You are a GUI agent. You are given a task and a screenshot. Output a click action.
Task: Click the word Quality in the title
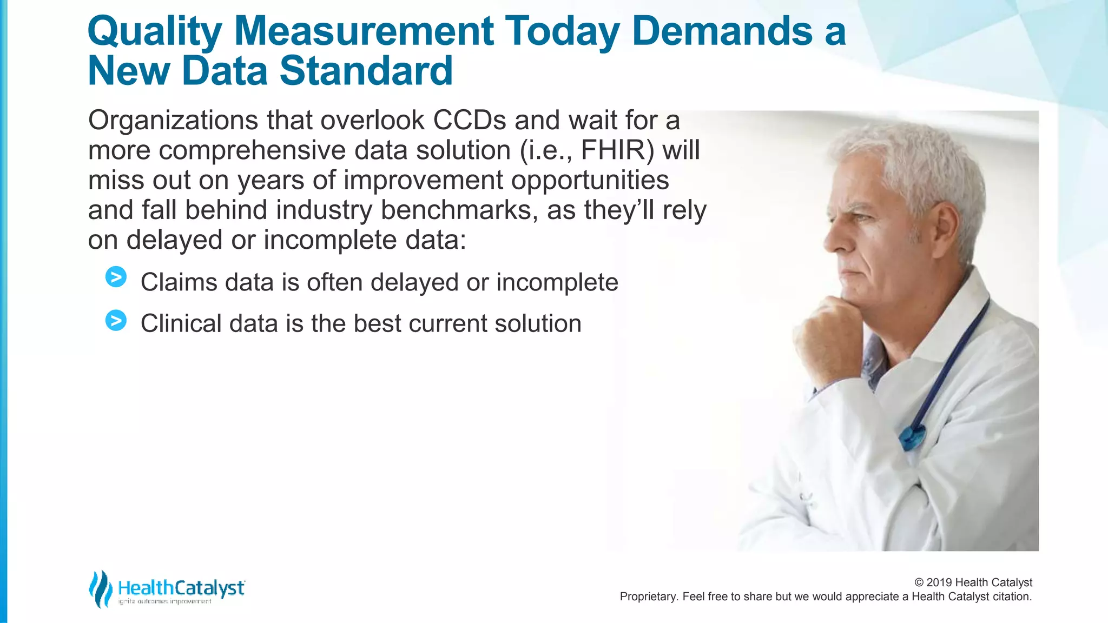pos(154,31)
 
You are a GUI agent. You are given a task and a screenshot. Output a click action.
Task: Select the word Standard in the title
pos(366,71)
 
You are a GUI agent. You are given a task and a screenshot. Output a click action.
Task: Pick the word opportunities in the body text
pos(590,180)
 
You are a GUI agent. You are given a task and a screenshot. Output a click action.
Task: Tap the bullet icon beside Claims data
pos(116,277)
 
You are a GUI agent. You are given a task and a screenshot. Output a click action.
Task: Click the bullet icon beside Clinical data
pos(116,320)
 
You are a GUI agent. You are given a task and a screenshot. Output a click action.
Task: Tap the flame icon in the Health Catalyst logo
pos(100,588)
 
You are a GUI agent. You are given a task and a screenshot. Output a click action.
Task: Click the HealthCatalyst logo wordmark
pos(181,588)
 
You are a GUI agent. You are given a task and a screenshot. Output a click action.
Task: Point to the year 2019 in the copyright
pos(939,582)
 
